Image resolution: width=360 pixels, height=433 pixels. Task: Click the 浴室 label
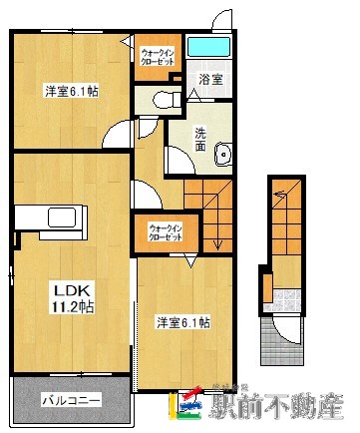[x=209, y=78]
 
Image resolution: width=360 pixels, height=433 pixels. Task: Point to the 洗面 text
[x=200, y=141]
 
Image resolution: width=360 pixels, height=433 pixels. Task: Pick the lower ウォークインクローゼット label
[x=166, y=232]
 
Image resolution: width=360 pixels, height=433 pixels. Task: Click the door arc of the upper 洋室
[x=121, y=135]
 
